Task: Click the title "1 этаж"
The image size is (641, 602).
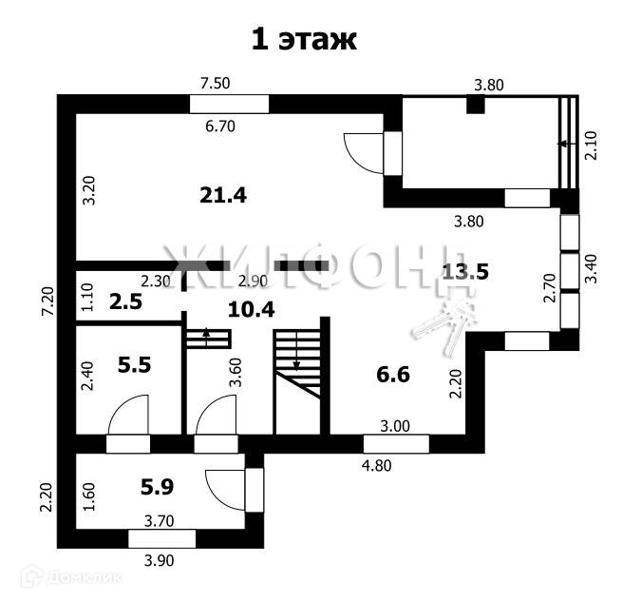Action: point(303,39)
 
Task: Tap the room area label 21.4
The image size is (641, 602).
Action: point(223,195)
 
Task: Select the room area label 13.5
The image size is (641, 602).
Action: point(465,272)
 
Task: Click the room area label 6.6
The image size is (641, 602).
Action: point(392,375)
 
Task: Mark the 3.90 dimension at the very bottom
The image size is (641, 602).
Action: point(158,561)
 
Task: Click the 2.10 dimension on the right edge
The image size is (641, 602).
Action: point(592,146)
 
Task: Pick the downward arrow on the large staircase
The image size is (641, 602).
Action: point(295,359)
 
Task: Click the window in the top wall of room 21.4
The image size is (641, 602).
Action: point(229,104)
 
